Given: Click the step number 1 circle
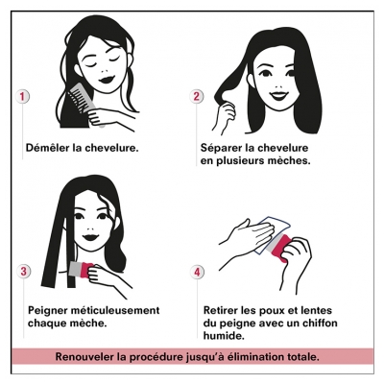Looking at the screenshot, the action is click(22, 96).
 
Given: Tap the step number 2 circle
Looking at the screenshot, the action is click(196, 96).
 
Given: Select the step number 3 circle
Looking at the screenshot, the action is click(24, 272).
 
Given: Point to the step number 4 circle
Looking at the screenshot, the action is click(197, 273).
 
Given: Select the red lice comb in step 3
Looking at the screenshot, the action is click(81, 269).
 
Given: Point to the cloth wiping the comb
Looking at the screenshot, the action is click(272, 235).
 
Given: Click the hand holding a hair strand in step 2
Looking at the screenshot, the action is click(226, 118).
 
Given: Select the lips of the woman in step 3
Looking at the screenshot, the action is click(90, 238).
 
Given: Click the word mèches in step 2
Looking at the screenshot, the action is click(290, 160).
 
